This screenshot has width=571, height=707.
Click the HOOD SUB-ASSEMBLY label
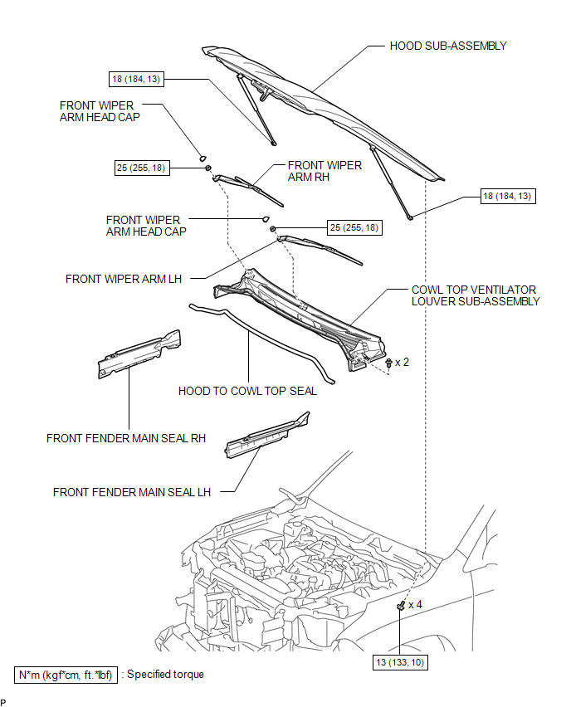coord(448,46)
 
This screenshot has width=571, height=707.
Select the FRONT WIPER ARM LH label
coord(124,279)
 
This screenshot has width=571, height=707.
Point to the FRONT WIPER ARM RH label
coord(325,171)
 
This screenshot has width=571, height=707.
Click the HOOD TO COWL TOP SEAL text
coord(247,391)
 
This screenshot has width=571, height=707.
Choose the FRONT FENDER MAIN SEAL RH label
coord(126,438)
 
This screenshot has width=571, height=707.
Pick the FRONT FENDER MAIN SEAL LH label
coord(132,492)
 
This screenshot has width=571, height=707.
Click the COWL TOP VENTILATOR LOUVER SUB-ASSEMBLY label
coord(476,295)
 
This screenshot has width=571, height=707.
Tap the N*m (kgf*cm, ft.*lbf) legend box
coord(66,675)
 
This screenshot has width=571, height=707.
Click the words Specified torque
coord(165,675)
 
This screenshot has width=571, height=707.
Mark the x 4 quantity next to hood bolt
coord(416,605)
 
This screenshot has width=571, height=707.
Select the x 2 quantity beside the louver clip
coord(402,363)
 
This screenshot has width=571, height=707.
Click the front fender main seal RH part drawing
coord(139,354)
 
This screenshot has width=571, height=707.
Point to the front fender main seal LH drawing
coord(267,435)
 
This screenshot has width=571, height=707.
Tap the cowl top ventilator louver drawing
coord(300,319)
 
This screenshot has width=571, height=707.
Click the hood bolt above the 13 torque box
coord(401,607)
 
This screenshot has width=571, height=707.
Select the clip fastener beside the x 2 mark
coord(388,363)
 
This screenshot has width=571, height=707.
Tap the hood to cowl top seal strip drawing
coord(261,343)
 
